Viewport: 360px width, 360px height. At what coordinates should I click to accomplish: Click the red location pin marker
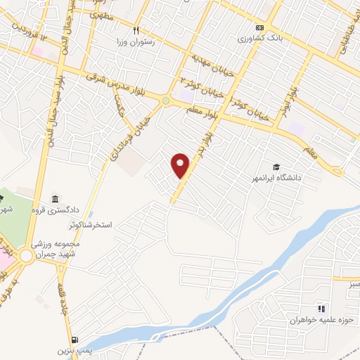(x=181, y=165)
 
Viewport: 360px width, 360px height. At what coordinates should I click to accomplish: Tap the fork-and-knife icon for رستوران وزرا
(x=136, y=30)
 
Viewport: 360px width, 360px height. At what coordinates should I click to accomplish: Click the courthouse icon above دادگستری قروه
(x=56, y=199)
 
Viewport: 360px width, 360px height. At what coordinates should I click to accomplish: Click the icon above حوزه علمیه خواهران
(x=321, y=308)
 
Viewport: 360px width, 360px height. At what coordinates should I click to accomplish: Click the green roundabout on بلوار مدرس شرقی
(x=166, y=101)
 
